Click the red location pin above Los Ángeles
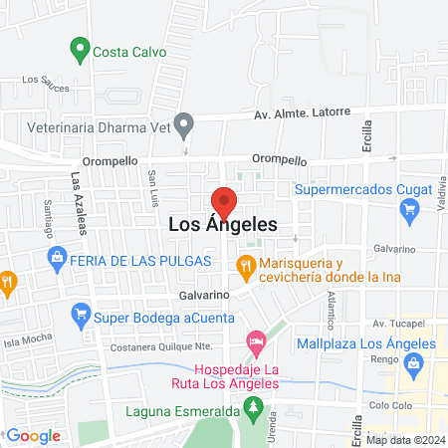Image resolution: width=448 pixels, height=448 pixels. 224,200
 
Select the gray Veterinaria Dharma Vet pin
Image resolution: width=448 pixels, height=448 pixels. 183,124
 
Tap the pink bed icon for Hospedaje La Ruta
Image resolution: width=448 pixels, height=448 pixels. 257,342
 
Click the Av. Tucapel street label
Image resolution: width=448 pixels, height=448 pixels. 398,324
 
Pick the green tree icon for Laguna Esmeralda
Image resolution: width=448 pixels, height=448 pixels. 256,409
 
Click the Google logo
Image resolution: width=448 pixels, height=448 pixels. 33,435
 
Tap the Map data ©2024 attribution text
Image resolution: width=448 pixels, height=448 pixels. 405,439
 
